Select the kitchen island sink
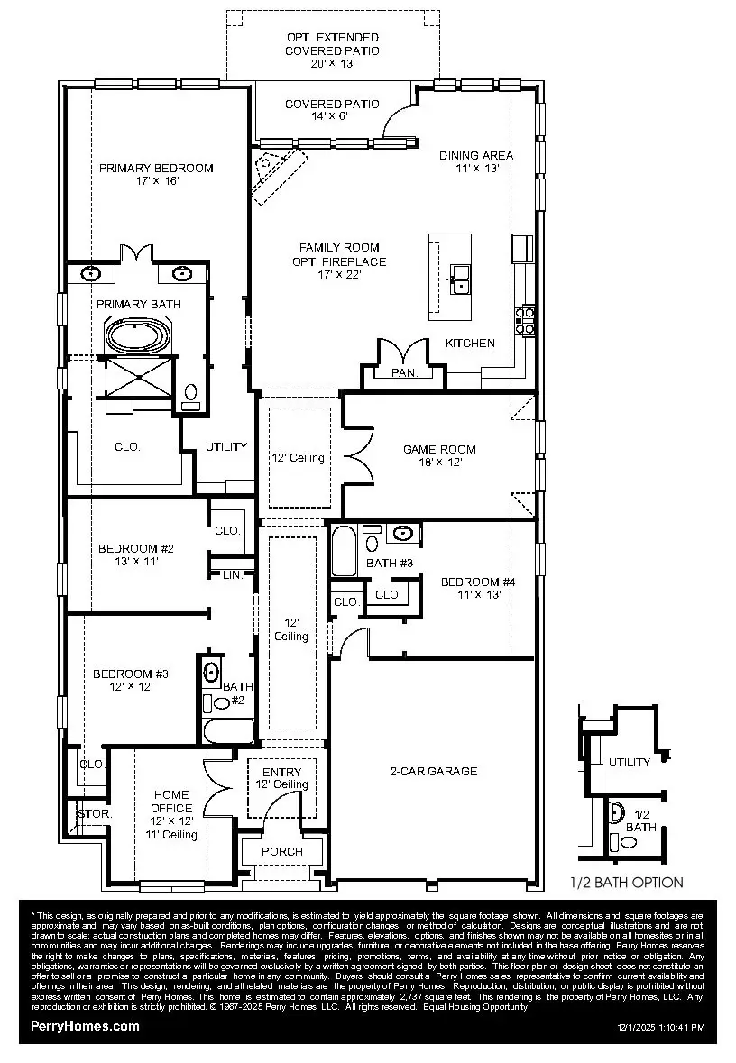pyautogui.click(x=459, y=279)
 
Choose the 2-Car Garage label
pyautogui.click(x=433, y=771)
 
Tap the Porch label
pyautogui.click(x=282, y=851)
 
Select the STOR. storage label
pyautogui.click(x=94, y=813)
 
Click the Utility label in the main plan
pyautogui.click(x=226, y=446)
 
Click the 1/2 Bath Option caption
pyautogui.click(x=626, y=883)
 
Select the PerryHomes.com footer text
pyautogui.click(x=85, y=1026)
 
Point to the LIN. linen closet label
pyautogui.click(x=232, y=574)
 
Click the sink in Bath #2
pyautogui.click(x=213, y=672)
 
